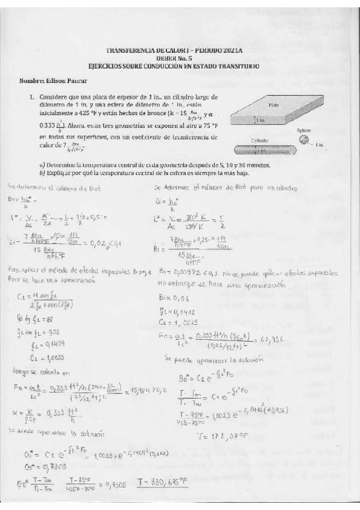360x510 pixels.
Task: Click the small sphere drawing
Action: point(305,140)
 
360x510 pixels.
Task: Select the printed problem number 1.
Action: point(31,96)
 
